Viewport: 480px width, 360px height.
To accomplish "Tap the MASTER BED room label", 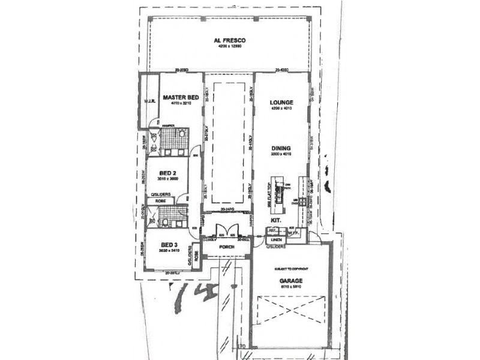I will coord(181,97).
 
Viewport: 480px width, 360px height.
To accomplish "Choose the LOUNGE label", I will coord(281,103).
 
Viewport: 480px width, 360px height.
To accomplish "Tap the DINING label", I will coord(281,148).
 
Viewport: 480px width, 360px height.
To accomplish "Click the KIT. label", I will coord(276,221).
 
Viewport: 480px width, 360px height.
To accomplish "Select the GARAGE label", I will coord(290,280).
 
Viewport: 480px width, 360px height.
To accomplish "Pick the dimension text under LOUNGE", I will coord(281,109).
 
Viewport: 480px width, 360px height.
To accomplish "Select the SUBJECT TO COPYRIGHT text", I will coord(290,268).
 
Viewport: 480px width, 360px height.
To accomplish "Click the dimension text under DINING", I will coord(281,154).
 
